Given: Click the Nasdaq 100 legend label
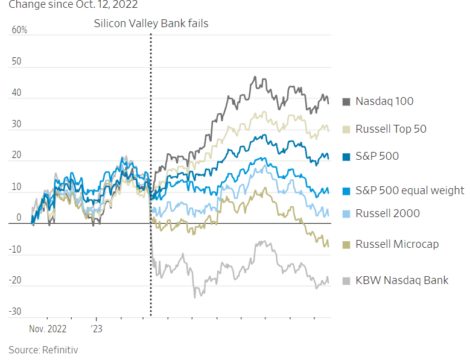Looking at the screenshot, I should [384, 101].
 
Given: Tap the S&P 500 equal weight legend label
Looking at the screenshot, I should [410, 191].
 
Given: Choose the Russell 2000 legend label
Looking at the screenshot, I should [387, 213].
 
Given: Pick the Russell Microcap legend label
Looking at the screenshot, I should [397, 244].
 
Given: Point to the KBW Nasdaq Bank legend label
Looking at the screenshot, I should [402, 280].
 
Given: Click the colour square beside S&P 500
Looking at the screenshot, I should [347, 157].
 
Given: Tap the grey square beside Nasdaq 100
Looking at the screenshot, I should [347, 102].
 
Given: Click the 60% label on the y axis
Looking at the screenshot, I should [19, 30].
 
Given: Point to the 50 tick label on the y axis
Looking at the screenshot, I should [16, 62].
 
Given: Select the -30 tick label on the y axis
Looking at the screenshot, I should [14, 312].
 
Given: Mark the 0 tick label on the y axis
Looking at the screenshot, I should [19, 218].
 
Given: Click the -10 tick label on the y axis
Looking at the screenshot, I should [14, 249].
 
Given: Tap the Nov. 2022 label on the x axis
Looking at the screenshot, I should [48, 329].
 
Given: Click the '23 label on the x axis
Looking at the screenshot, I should [97, 329].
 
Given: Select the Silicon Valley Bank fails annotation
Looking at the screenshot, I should [151, 24].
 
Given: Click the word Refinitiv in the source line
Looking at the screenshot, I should [59, 350].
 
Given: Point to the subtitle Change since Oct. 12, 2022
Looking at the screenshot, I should [69, 5].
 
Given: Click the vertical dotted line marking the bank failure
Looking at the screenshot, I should [150, 181].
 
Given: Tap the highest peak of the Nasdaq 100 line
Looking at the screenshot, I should [255, 77].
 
